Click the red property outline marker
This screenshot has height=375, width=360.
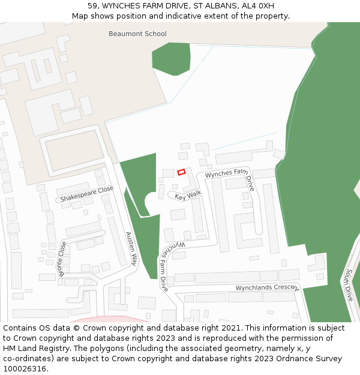(181, 172)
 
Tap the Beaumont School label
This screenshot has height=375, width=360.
(137, 34)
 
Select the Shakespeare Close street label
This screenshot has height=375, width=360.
(86, 194)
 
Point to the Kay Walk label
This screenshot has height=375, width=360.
(188, 196)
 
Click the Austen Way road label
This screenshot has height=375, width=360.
(131, 248)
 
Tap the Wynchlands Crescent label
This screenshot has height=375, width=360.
(266, 288)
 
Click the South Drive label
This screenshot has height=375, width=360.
(348, 284)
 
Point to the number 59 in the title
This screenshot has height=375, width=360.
(92, 6)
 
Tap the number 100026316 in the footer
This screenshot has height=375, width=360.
(23, 368)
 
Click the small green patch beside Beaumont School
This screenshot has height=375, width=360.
(171, 58)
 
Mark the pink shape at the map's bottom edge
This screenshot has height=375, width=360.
(111, 319)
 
